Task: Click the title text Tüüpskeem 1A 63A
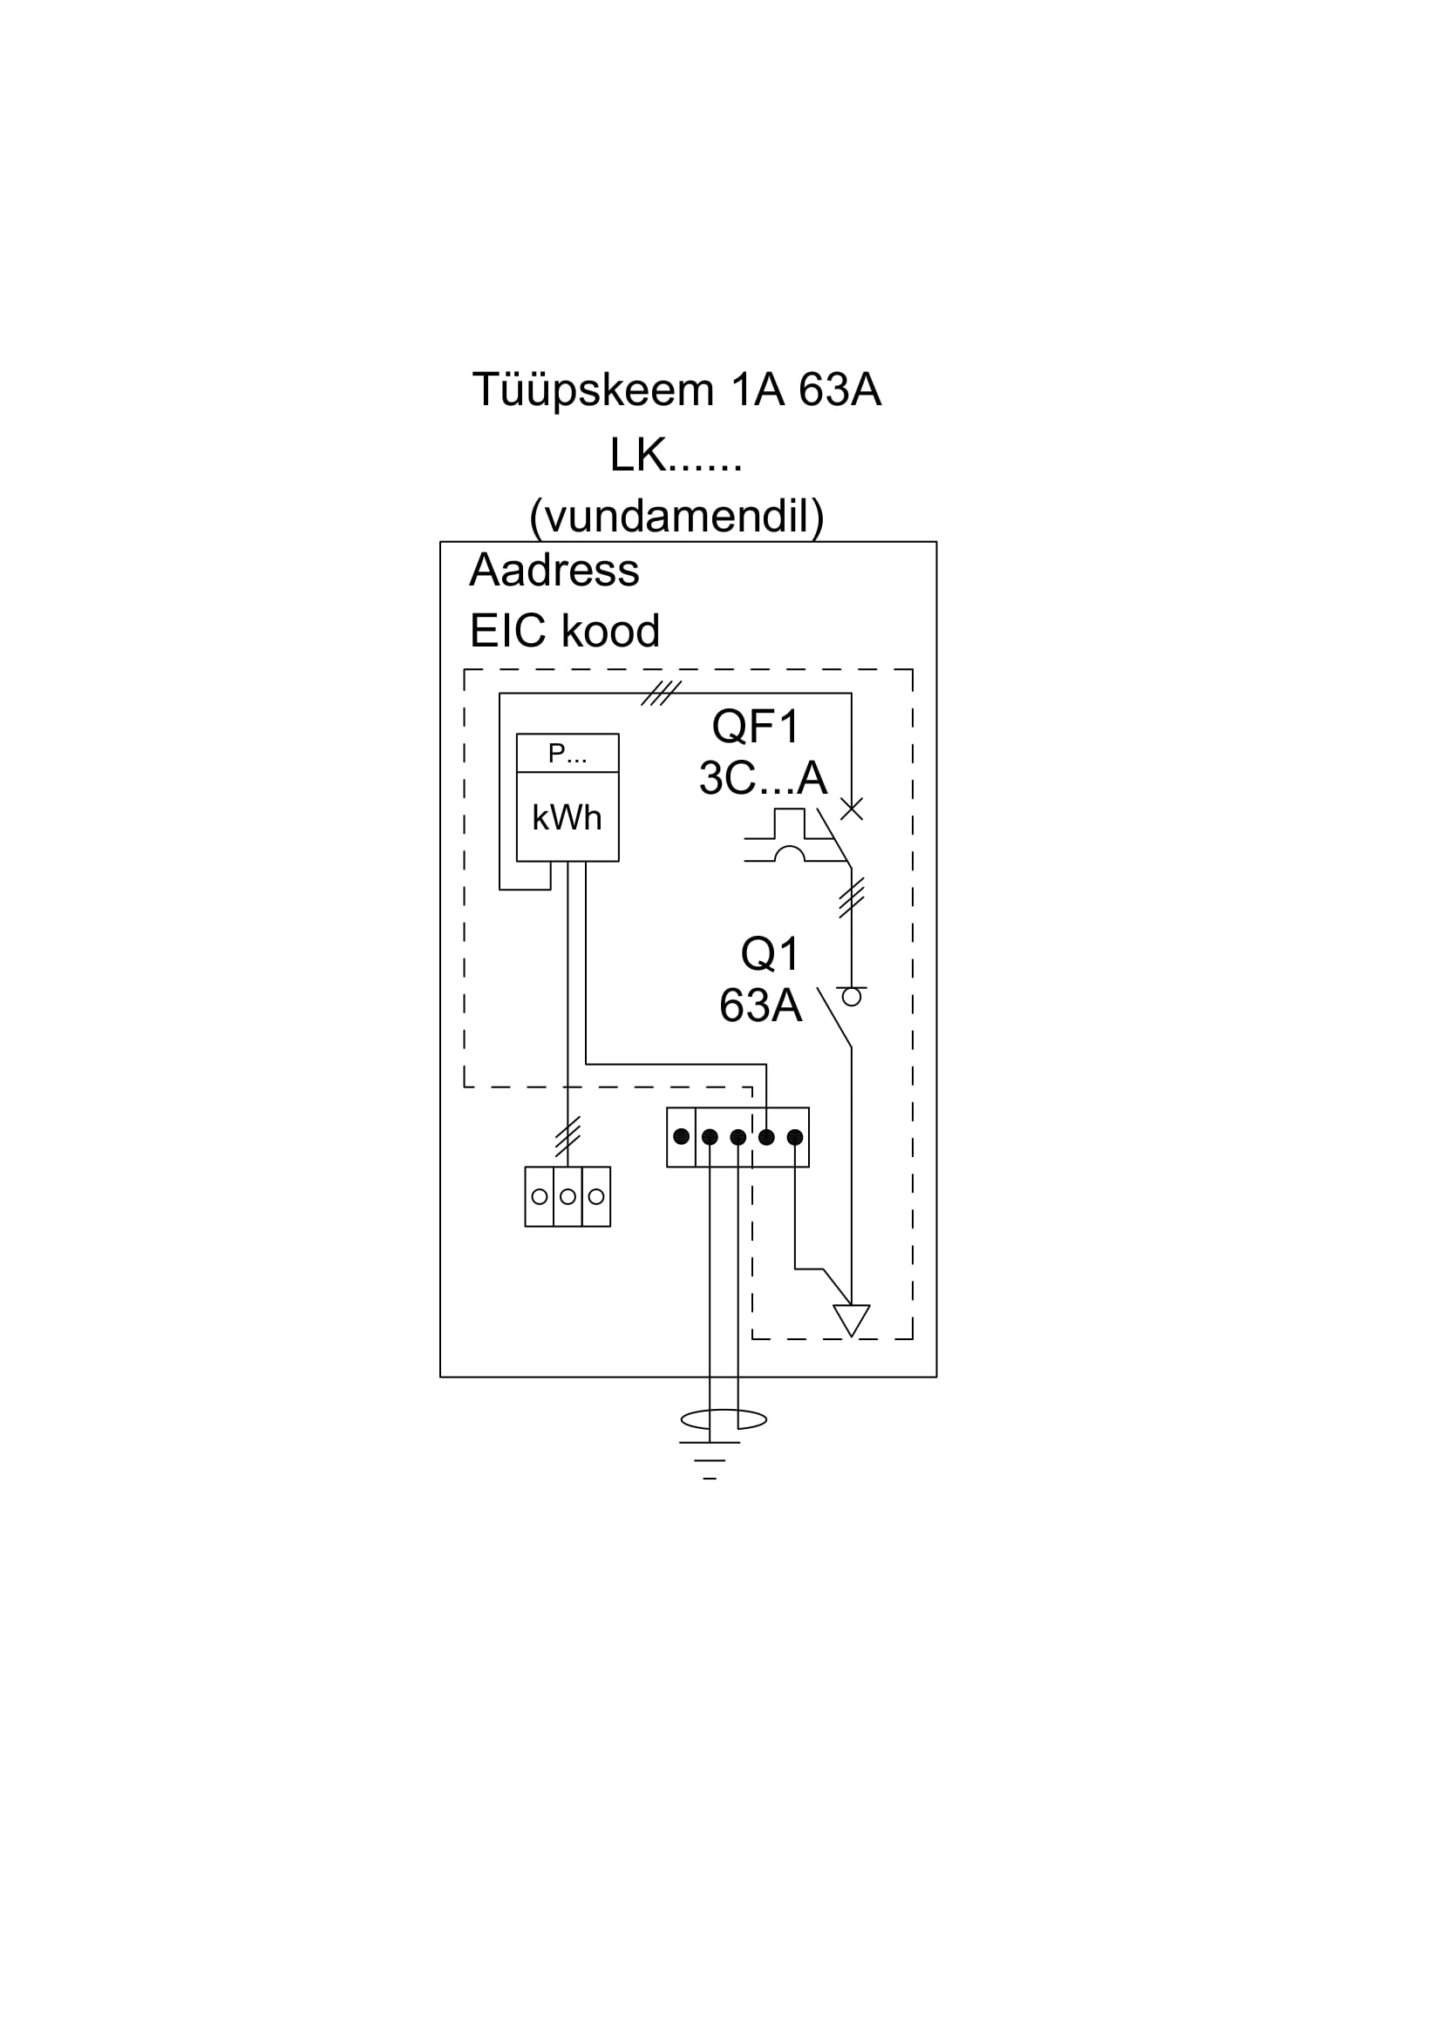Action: pos(676,390)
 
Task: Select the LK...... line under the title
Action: pos(676,456)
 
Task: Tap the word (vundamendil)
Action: pos(676,516)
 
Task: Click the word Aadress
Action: pos(554,570)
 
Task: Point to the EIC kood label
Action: pos(565,631)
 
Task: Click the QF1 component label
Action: pos(756,727)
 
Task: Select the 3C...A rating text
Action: pos(763,778)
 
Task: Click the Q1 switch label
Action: pos(770,954)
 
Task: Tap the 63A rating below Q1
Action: pos(760,1005)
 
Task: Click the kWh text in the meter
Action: pos(567,817)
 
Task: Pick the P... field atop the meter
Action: pos(568,754)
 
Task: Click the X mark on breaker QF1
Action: pos(851,809)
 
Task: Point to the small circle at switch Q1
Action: pos(851,997)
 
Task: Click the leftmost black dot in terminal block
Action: pos(681,1136)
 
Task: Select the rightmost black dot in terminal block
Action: pos(795,1136)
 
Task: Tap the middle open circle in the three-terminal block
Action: pos(568,1196)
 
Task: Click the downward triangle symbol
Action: pos(851,1319)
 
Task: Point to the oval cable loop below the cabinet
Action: pos(723,1419)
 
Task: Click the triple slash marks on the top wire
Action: pos(661,694)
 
